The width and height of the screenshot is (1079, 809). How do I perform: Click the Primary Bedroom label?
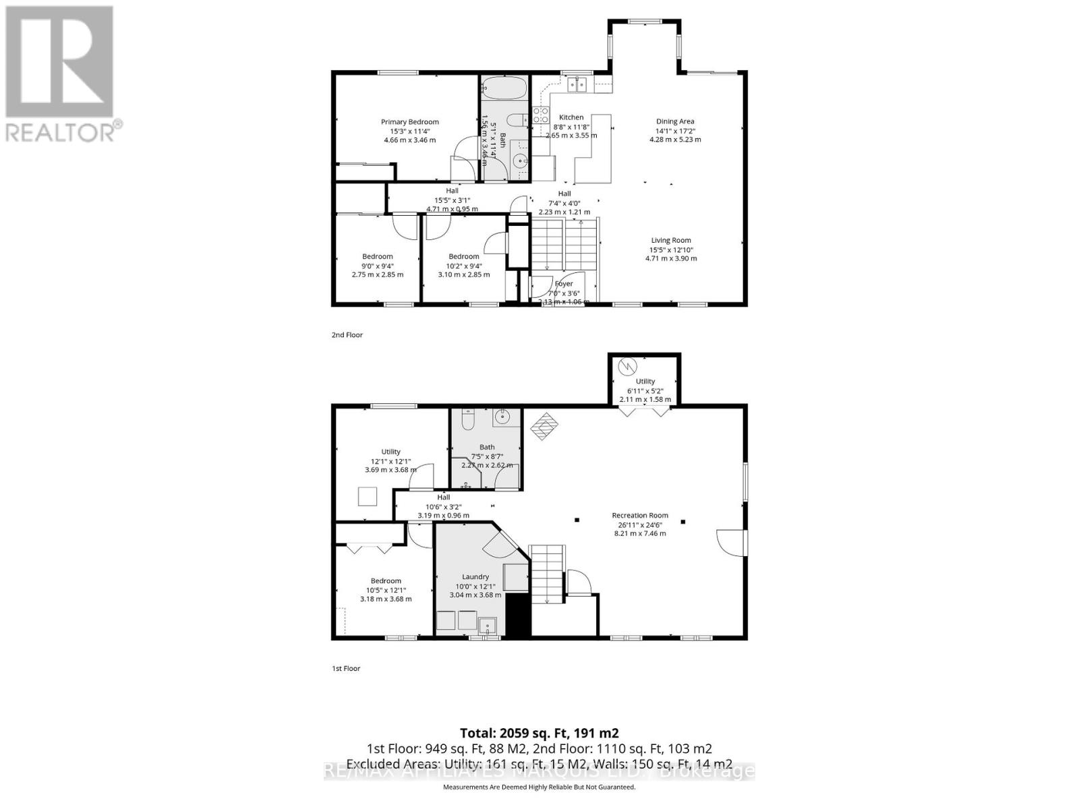[409, 122]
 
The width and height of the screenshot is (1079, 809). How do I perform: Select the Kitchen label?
[571, 117]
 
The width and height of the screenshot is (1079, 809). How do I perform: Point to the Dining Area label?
[675, 121]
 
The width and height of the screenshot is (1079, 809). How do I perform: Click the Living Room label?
[671, 240]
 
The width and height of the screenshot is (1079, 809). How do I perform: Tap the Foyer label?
[564, 284]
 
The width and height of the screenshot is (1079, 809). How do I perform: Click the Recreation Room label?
[639, 515]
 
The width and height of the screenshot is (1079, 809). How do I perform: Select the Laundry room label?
[475, 576]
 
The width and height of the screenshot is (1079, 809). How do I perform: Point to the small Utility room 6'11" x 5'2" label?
[645, 381]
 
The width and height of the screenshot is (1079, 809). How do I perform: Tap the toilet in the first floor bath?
[467, 419]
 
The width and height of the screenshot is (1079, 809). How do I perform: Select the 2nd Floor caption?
[347, 334]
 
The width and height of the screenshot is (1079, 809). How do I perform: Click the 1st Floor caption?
[346, 668]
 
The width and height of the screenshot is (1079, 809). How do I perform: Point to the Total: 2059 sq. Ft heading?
[539, 733]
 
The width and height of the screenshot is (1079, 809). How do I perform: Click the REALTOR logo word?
[61, 131]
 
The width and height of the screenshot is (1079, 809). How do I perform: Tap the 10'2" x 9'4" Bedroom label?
[464, 256]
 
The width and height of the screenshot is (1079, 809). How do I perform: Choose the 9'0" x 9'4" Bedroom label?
[378, 256]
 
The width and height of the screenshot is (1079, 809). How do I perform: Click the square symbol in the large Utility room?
[368, 497]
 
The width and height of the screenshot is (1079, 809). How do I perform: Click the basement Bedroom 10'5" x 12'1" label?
[386, 580]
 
